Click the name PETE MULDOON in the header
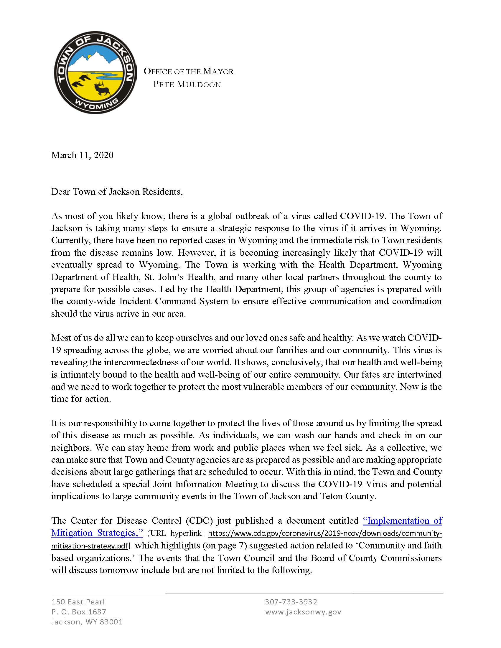(187, 85)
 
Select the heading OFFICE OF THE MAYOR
(189, 72)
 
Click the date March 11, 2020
(82, 155)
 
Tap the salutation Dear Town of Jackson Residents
(117, 192)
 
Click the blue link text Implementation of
(403, 521)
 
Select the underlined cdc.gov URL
(325, 533)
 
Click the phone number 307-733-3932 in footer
(291, 602)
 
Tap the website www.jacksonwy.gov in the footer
(303, 612)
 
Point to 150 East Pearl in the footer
(78, 602)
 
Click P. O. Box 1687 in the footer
(79, 612)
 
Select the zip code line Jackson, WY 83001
(87, 622)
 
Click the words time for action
(81, 399)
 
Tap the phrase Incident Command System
(174, 301)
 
